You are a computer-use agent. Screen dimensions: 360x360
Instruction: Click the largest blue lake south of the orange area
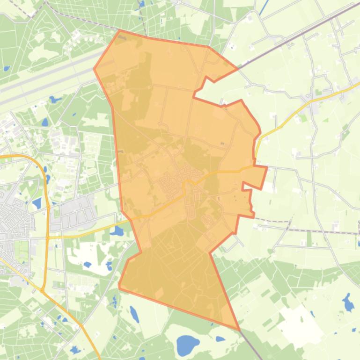pos(188,346)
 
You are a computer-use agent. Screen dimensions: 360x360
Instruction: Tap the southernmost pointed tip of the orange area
pos(239,330)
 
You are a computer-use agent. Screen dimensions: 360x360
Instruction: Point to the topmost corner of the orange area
pos(120,31)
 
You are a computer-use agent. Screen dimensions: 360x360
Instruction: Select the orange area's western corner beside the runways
pos(94,69)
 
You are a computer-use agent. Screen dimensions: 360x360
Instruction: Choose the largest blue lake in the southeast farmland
pos(348,303)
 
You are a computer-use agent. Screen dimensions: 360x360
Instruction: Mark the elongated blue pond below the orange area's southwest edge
pos(134,314)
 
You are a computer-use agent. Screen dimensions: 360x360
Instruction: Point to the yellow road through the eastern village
pos(323,96)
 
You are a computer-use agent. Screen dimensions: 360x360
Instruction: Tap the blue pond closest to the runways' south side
pos(55,100)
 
